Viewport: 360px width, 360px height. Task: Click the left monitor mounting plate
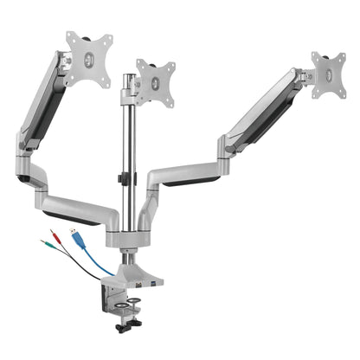point(89,58)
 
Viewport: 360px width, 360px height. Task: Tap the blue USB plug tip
point(74,235)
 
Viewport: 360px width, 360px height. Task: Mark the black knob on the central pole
point(123,180)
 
